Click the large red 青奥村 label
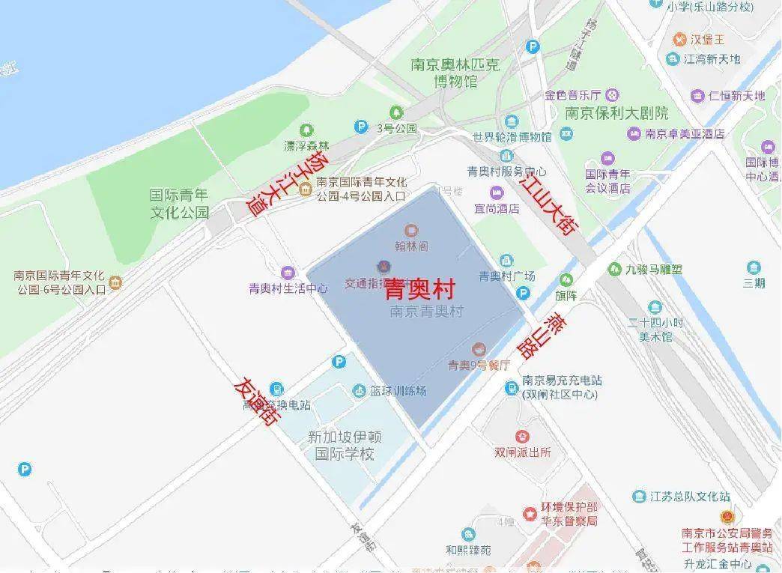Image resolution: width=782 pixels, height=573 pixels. coord(420,291)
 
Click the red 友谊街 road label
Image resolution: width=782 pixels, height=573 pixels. coord(255,401)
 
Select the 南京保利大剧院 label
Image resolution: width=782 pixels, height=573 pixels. coord(616,114)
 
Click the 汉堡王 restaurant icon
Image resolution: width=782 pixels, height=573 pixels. coord(680,38)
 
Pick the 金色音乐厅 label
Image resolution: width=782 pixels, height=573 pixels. coord(574,95)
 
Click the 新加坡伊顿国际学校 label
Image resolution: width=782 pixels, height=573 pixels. coord(345,445)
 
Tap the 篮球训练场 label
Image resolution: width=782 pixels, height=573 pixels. coord(398,391)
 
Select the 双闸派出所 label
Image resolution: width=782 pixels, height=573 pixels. coord(522,452)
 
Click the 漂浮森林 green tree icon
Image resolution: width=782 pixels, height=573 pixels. coord(306,130)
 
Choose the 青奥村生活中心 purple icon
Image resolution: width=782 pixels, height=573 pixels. coord(288,273)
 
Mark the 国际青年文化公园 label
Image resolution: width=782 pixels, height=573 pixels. coord(179,203)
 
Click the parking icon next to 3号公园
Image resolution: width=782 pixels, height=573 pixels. coord(361,128)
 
